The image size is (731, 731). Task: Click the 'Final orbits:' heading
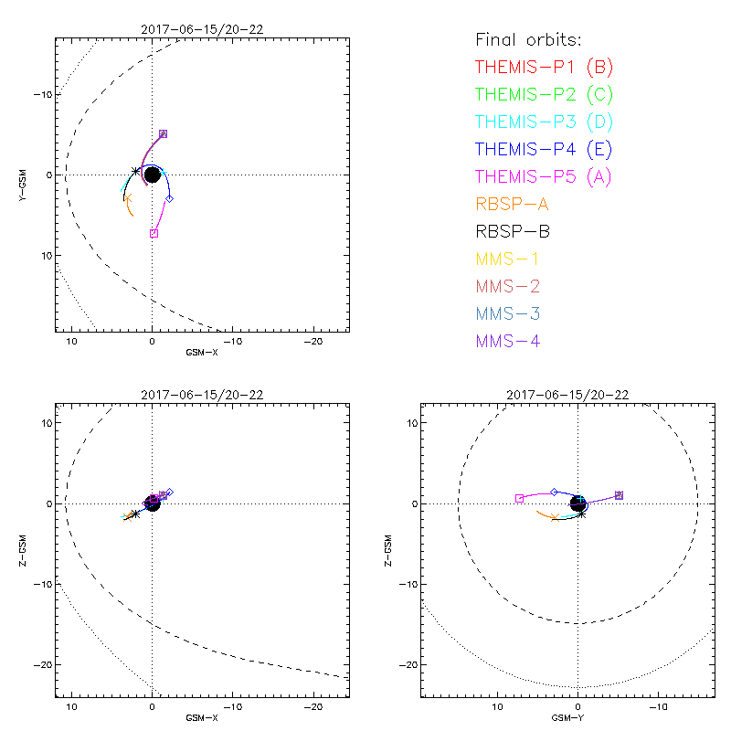[528, 39]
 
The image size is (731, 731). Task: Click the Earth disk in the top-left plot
[153, 175]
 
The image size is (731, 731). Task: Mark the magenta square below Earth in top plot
[154, 233]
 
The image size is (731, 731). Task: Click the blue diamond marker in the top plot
[169, 198]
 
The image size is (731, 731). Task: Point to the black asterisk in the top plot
[136, 171]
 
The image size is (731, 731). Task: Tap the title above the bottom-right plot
[567, 395]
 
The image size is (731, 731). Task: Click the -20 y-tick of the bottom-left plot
[41, 664]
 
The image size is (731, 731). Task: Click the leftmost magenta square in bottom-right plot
[519, 498]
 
